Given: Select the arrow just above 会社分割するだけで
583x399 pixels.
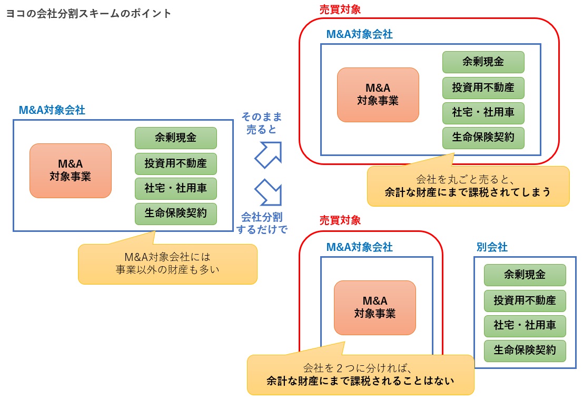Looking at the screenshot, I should click(268, 192).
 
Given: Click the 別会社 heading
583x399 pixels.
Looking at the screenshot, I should click(492, 247).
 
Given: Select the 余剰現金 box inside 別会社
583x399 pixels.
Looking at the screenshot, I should click(525, 275).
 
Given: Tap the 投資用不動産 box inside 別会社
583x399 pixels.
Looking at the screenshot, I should click(525, 300).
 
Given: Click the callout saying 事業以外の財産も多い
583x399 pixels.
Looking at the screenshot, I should click(167, 264).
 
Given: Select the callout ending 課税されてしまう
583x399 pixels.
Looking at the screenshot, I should click(468, 186).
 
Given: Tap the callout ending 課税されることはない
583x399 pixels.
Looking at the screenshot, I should click(360, 374).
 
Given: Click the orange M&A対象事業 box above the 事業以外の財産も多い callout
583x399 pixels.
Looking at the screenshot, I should click(71, 171).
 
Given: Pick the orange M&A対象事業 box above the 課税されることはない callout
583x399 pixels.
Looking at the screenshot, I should click(375, 307).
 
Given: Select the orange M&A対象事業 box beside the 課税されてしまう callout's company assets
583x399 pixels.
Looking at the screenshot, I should click(378, 95).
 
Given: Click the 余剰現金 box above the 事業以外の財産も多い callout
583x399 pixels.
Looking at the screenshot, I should click(176, 138).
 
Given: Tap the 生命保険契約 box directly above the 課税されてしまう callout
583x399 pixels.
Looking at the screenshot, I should click(483, 138).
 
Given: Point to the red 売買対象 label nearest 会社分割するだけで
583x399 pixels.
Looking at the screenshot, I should click(340, 220).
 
